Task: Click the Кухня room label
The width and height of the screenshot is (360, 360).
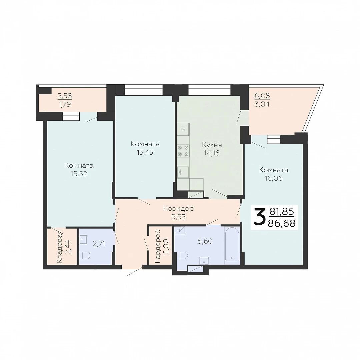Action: (x=212, y=145)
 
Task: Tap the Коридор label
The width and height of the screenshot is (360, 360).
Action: (x=178, y=208)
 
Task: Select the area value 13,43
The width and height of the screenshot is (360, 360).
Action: (x=145, y=152)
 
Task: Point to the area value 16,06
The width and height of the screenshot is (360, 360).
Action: (x=273, y=178)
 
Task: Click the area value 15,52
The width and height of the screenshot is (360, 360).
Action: (x=79, y=174)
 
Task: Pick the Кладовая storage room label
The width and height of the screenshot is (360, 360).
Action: (x=59, y=246)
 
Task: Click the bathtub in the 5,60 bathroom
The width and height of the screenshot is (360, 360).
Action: (x=232, y=244)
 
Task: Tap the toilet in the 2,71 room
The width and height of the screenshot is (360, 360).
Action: (x=85, y=255)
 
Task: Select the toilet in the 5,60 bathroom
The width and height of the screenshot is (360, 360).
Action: (x=183, y=255)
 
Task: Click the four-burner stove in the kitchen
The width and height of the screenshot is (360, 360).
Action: (x=183, y=151)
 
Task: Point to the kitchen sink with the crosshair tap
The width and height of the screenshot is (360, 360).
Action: (x=183, y=172)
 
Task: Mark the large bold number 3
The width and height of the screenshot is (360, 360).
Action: (x=259, y=217)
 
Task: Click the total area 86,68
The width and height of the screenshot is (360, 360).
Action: (x=281, y=223)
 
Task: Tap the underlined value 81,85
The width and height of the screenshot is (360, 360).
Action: (x=282, y=211)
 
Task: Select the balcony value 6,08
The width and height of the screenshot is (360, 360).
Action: (x=262, y=96)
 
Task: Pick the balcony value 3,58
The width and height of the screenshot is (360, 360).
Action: (x=65, y=96)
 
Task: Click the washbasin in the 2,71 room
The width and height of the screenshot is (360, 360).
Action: (x=83, y=239)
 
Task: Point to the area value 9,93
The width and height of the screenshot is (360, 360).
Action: (x=178, y=217)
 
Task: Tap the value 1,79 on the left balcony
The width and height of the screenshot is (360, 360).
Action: (x=65, y=104)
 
